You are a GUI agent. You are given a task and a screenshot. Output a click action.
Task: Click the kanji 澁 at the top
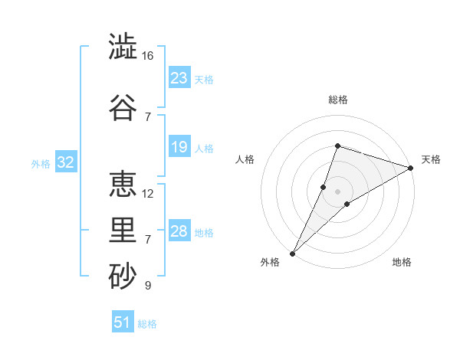point(123,46)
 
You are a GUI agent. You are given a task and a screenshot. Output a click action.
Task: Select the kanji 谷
point(123,107)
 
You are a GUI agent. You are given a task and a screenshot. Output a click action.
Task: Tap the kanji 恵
point(123,184)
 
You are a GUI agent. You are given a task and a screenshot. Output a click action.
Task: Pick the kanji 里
point(123,230)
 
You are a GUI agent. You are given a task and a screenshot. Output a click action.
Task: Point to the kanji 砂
point(123,276)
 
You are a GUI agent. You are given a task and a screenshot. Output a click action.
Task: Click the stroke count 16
point(147,56)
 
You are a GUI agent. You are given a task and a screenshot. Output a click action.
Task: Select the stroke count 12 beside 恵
point(147,194)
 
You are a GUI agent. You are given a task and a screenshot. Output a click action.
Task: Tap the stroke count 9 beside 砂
point(148,285)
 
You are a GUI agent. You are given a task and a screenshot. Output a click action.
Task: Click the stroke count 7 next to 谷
point(148,117)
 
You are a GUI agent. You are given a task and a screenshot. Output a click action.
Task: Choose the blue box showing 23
point(179,77)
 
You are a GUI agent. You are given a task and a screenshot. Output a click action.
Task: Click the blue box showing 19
point(179,146)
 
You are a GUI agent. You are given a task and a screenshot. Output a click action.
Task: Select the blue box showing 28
point(179,230)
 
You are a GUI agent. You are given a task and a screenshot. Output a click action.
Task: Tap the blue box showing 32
point(66,162)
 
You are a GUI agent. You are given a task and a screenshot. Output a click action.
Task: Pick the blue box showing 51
point(123,321)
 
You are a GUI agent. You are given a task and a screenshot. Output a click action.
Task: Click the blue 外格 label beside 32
point(41,164)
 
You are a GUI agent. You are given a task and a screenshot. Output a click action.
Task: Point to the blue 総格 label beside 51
point(147,324)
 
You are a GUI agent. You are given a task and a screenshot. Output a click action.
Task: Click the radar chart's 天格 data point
point(411,168)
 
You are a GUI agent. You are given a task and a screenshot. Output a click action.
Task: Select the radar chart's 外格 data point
point(293,254)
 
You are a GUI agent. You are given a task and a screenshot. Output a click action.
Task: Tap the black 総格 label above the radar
point(338,100)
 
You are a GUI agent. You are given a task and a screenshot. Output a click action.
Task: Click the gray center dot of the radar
point(337,191)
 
